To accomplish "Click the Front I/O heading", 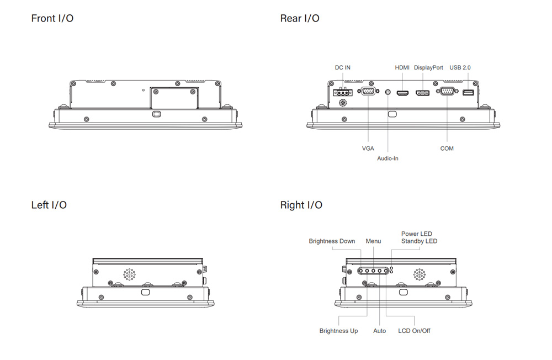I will pos(52,18).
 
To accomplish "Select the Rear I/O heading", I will pos(300,18).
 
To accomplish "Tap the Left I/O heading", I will pos(49,205).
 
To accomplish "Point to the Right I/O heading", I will pos(301,205).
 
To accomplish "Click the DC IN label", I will pos(342,67).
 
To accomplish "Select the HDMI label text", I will pos(402,67).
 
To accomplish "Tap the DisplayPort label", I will pos(428,67).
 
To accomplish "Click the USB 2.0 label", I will pos(460,67).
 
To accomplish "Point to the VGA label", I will pos(368,149).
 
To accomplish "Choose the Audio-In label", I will pos(388,158).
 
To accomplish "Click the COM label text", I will pos(447,149).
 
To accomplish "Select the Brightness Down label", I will pos(332,241).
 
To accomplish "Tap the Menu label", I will pos(373,241).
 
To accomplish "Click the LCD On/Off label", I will pos(414,331).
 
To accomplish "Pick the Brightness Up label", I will pos(338,331).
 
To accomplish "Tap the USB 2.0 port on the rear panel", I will pos(468,93).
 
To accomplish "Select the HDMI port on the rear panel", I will pos(402,93).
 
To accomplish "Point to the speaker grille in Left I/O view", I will pos(129,274).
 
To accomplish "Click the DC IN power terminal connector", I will pos(343,93).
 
